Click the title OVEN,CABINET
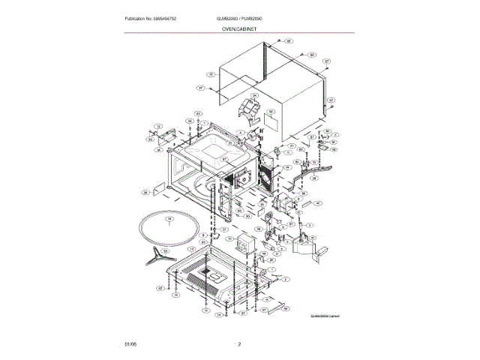239,27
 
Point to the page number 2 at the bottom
239,344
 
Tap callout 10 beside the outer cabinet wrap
211,75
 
